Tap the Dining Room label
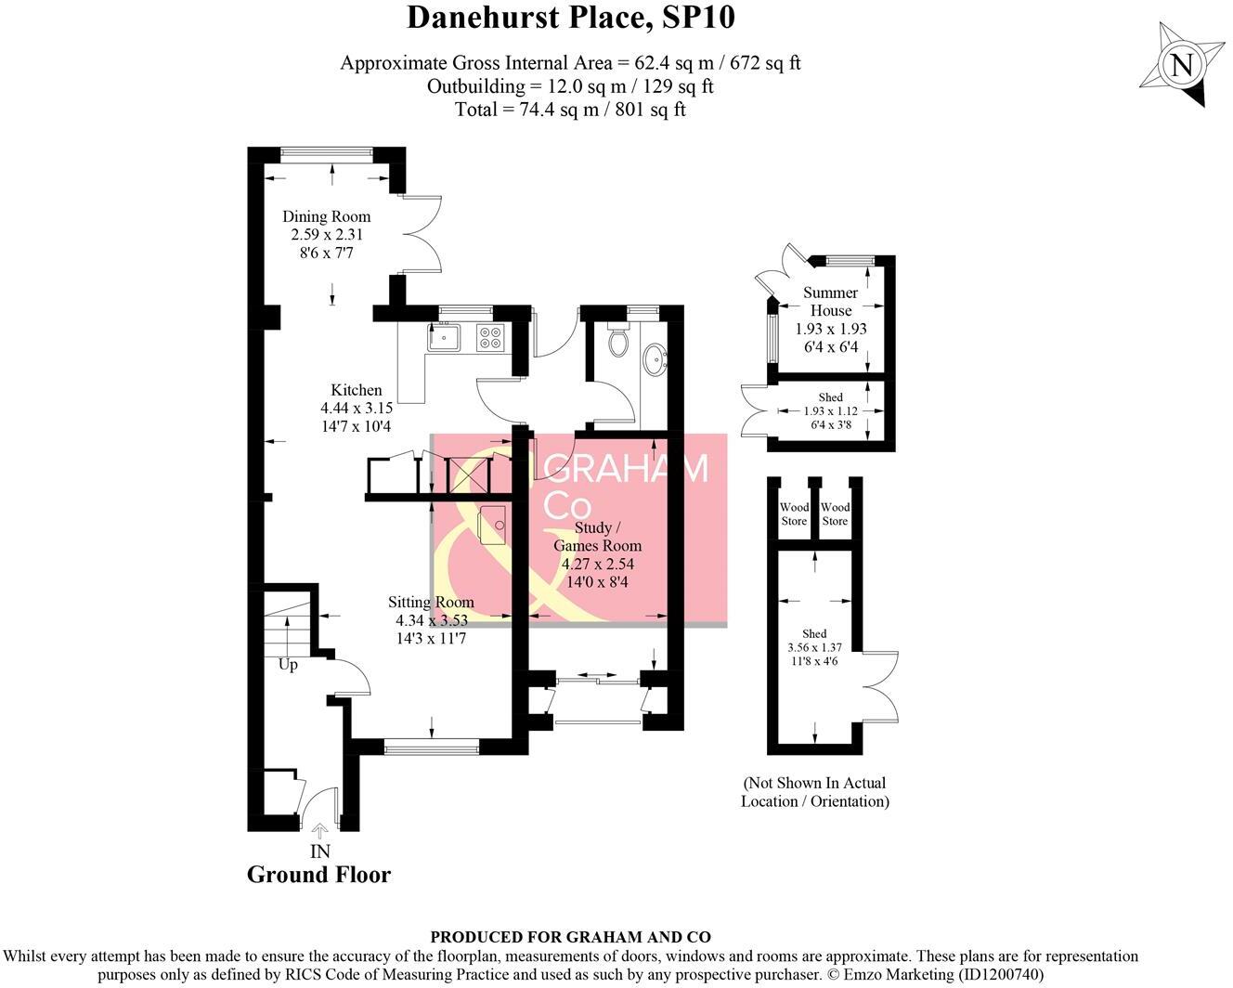pos(326,217)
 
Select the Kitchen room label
pos(357,390)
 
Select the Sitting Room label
pos(431,603)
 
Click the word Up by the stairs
pos(288,665)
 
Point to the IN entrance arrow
pos(319,831)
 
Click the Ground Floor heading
pos(318,875)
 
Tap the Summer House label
pos(830,302)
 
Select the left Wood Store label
pos(794,514)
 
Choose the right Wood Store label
pos(835,514)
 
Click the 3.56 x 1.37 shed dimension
pos(813,648)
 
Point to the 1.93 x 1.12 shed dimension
pos(830,411)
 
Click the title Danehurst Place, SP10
pos(571,18)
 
